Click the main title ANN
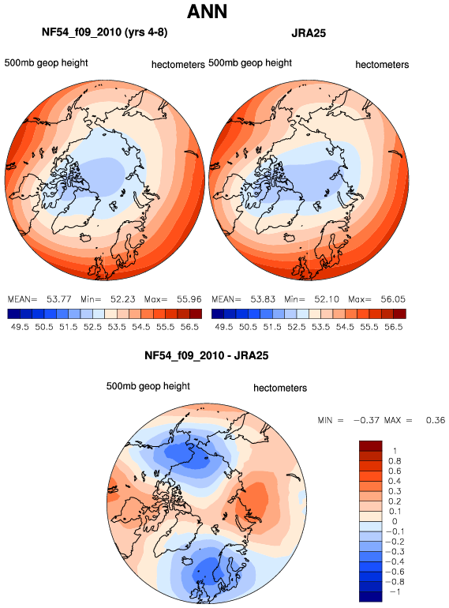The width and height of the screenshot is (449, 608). pos(207,11)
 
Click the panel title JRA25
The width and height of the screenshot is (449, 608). pos(309,33)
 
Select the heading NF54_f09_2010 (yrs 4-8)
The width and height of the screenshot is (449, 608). pos(105,32)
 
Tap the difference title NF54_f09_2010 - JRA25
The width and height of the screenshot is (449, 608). pos(207,355)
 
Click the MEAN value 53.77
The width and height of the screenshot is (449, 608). pos(59,299)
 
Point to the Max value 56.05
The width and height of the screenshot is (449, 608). pos(393,299)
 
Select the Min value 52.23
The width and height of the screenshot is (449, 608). pos(123,299)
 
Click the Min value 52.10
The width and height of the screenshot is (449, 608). pos(327,299)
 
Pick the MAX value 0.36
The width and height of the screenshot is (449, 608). pos(436,420)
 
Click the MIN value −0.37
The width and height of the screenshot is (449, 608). pos(366,420)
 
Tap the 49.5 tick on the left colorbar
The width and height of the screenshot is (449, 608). pos(20,327)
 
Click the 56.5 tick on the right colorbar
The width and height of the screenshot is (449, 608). pos(394,327)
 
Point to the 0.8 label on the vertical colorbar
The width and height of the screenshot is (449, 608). pos(395,461)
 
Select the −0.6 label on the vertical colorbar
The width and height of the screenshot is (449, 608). pos(395,572)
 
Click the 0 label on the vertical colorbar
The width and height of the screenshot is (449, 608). pos(395,521)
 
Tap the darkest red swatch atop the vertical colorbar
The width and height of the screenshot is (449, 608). pos(370,445)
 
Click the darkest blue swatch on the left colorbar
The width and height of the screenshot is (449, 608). pos(13,313)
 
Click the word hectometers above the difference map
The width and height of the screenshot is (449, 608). pos(280,388)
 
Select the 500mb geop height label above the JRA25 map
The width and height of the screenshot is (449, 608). pos(250,63)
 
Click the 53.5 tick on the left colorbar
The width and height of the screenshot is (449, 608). pos(117,327)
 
